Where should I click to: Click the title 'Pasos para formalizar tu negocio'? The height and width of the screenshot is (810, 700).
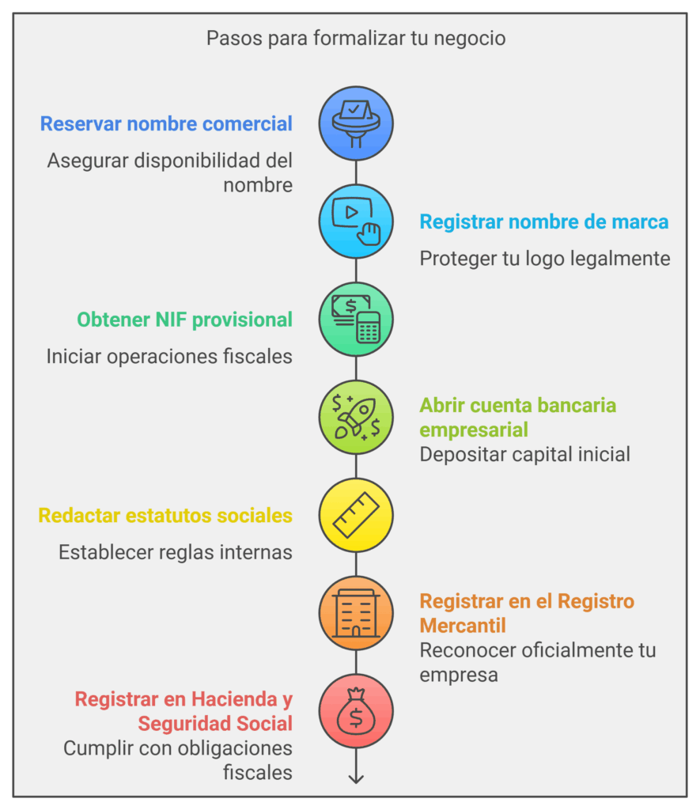[355, 38]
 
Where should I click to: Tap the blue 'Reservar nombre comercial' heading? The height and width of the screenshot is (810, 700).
[166, 124]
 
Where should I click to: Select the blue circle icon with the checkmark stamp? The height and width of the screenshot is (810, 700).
[356, 123]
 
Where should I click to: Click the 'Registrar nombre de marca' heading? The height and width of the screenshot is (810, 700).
[544, 222]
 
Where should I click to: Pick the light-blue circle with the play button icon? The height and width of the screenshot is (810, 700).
[356, 221]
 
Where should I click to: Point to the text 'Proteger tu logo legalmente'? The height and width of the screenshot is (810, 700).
[545, 259]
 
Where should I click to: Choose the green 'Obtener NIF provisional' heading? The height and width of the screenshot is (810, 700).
[184, 320]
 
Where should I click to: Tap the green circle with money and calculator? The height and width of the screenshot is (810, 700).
[356, 320]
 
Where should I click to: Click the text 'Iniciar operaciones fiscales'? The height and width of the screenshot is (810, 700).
[169, 357]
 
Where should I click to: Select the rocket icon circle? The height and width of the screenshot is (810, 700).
[356, 418]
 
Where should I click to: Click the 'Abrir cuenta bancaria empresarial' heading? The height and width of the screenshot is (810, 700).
[517, 417]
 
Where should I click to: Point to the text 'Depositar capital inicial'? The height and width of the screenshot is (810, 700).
[524, 454]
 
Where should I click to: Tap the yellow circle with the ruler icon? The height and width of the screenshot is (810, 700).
[356, 516]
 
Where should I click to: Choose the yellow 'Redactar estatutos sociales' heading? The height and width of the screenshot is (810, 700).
[165, 516]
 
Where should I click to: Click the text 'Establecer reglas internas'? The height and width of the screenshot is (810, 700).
[175, 552]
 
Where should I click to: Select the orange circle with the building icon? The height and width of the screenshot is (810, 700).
[356, 614]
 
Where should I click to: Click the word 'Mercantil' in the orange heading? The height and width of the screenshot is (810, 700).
[463, 626]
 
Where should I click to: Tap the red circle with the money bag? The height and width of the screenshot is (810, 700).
[356, 711]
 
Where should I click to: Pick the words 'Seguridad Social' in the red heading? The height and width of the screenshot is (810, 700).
[215, 723]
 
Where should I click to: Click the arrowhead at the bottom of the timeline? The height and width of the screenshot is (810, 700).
[356, 778]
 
